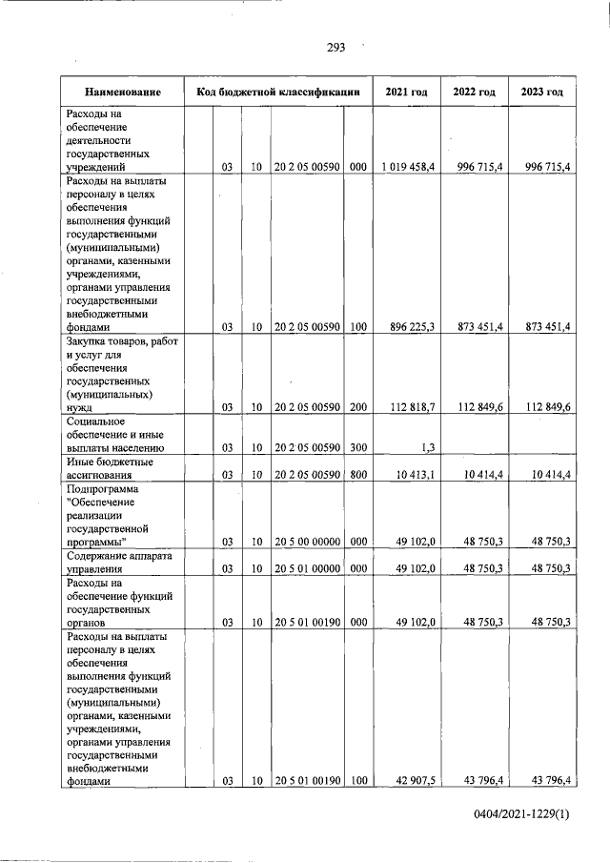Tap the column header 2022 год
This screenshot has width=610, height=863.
(x=474, y=92)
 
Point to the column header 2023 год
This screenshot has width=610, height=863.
(x=542, y=92)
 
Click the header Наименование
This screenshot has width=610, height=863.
(x=121, y=92)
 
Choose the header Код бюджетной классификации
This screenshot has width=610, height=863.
(x=277, y=92)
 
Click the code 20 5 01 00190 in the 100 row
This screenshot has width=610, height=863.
(x=307, y=781)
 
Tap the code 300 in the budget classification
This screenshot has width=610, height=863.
(x=357, y=446)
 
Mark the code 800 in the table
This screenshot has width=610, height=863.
(x=357, y=474)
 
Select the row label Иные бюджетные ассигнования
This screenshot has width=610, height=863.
(x=112, y=467)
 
